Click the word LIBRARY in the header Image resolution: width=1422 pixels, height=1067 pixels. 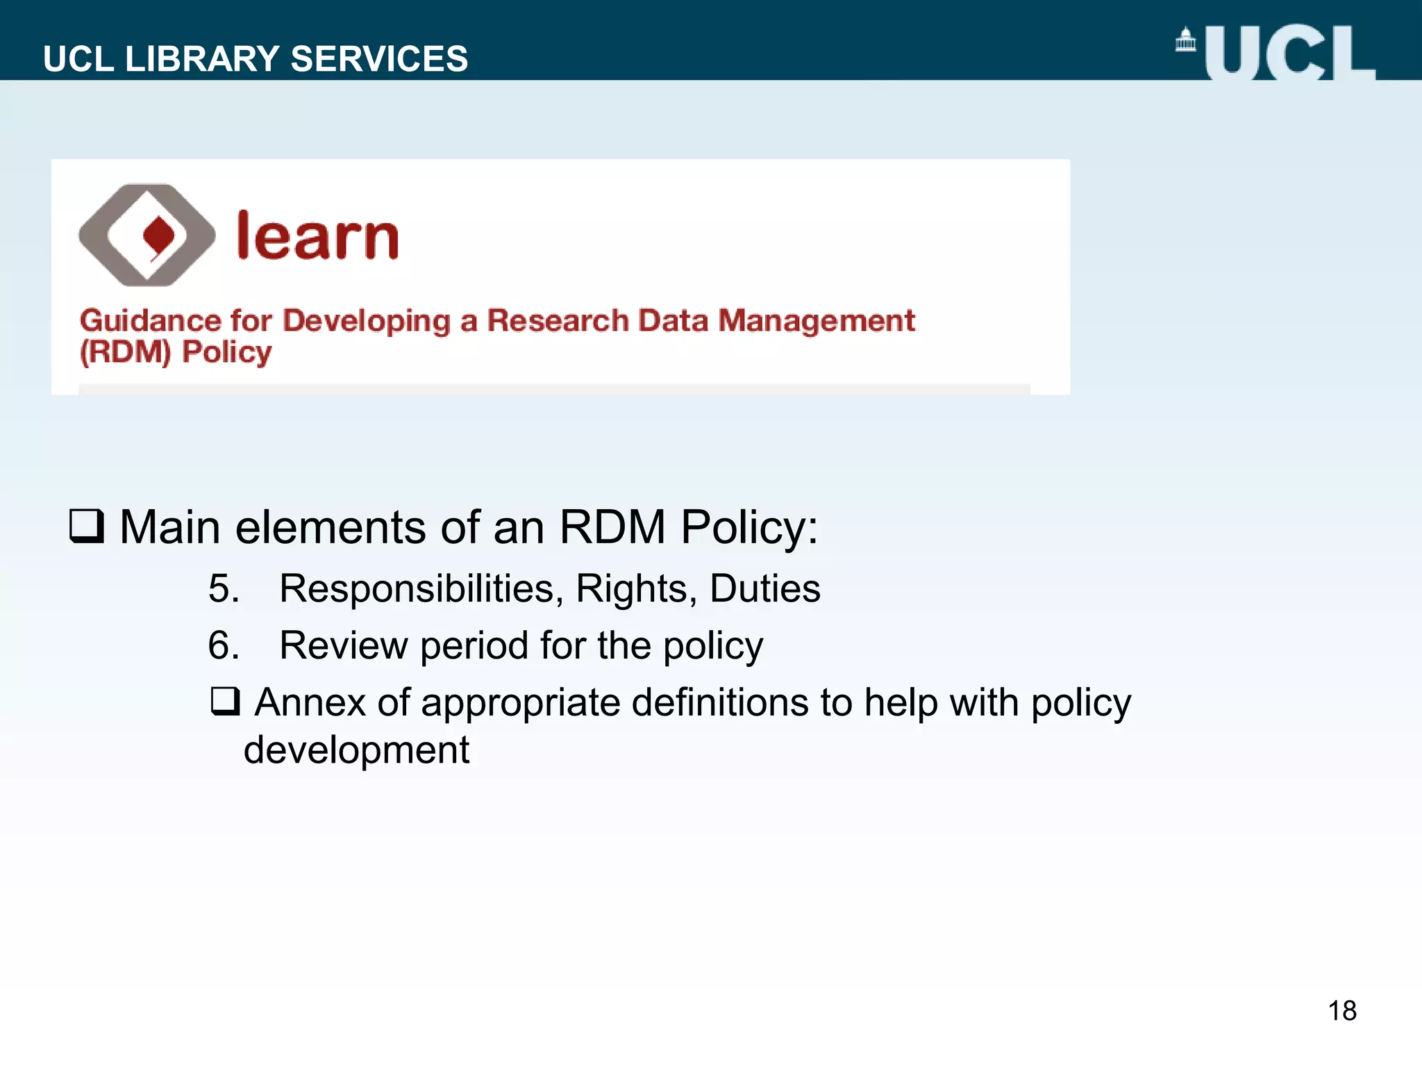(x=202, y=59)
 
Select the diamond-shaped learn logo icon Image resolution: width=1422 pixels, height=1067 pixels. (x=147, y=235)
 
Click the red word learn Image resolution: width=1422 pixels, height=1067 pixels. (x=317, y=236)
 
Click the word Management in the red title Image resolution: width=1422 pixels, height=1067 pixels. (x=817, y=321)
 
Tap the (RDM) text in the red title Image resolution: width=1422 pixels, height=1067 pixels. (x=125, y=352)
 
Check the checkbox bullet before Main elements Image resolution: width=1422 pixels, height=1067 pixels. (x=87, y=527)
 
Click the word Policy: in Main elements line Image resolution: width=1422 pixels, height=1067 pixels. (x=749, y=527)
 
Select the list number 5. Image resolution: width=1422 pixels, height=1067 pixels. (x=224, y=589)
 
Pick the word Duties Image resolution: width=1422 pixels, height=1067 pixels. (x=764, y=589)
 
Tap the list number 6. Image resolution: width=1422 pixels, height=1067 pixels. (x=224, y=646)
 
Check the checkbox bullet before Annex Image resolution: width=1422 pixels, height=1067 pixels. (x=226, y=702)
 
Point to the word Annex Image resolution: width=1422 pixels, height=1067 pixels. (x=310, y=702)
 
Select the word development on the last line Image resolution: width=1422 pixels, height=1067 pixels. (x=356, y=750)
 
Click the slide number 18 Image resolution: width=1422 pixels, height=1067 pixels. (x=1341, y=1011)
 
